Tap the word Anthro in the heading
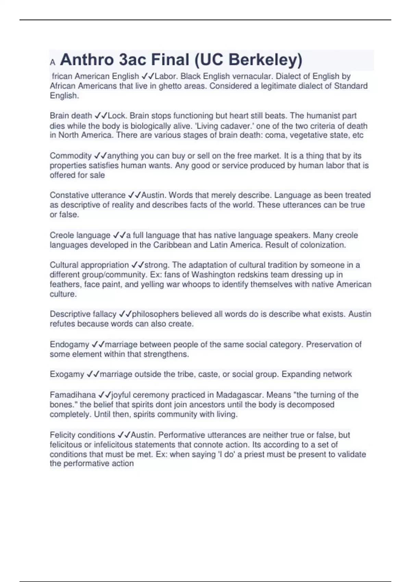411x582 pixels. click(87, 60)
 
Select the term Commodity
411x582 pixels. click(71, 156)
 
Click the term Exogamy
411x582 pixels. click(67, 374)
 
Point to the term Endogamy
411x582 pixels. click(69, 344)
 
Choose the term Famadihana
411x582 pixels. click(73, 395)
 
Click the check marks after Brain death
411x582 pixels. click(101, 116)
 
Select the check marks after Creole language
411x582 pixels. click(119, 236)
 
